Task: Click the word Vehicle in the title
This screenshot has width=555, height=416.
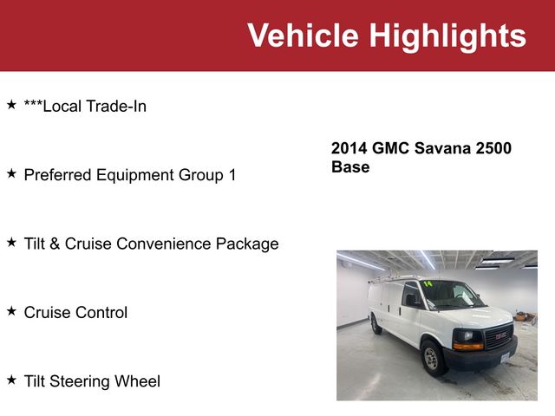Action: click(303, 36)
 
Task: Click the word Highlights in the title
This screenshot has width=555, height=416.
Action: click(447, 36)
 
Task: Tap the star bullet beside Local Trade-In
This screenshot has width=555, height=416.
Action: click(11, 105)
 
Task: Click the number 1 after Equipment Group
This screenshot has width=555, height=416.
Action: click(232, 175)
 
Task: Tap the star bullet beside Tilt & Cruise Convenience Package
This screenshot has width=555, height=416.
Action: click(11, 242)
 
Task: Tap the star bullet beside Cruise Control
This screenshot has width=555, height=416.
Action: click(11, 310)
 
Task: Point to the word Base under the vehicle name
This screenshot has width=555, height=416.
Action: click(350, 166)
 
